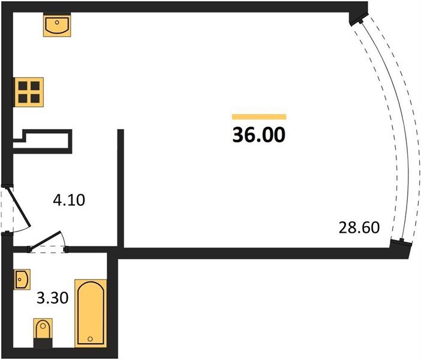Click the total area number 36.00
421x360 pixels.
(x=258, y=134)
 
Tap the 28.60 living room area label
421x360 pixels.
(x=359, y=227)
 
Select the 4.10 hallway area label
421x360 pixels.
(x=69, y=200)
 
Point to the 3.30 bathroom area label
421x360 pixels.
(x=53, y=298)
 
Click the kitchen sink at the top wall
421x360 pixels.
(x=57, y=26)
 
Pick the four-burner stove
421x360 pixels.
(x=29, y=92)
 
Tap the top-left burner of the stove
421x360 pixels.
(x=23, y=86)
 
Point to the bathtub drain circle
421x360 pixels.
(x=90, y=339)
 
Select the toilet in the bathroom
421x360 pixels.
(x=43, y=332)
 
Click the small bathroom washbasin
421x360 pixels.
(x=22, y=280)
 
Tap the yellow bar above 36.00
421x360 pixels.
(x=259, y=116)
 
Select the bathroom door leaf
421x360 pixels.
(x=46, y=239)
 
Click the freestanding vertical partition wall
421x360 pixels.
(x=121, y=188)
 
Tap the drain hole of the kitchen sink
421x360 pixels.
(x=57, y=23)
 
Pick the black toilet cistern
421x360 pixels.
(x=43, y=343)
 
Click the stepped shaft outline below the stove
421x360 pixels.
(x=43, y=142)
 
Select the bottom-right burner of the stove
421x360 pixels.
(x=35, y=98)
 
